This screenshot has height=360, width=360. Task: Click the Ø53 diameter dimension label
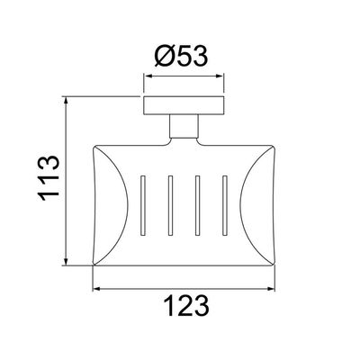click(181, 57)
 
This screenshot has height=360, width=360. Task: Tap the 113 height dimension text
click(49, 178)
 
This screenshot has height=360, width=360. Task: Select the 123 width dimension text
click(186, 306)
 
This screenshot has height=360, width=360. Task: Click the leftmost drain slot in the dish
click(142, 205)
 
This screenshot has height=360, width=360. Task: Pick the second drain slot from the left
click(170, 205)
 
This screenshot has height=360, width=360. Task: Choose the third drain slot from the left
click(197, 205)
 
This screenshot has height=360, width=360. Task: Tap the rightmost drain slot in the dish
click(224, 205)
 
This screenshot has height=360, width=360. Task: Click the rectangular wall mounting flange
click(184, 105)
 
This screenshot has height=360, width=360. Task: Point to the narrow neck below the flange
click(184, 126)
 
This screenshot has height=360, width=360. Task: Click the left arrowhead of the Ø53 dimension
click(147, 76)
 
